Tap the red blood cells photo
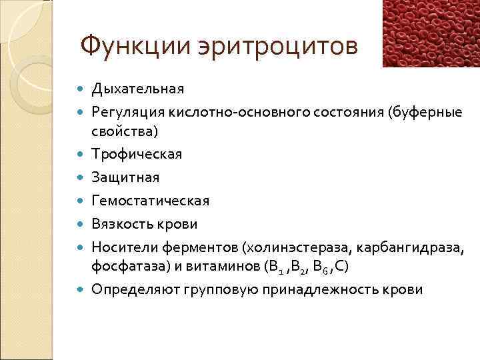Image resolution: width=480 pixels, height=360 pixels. tap(431, 33)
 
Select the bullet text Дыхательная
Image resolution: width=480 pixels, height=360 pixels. tap(138, 88)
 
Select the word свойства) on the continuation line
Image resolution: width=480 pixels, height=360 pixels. tap(125, 131)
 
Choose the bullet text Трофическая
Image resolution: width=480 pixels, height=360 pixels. tap(137, 154)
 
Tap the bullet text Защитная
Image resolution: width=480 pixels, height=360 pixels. tap(126, 178)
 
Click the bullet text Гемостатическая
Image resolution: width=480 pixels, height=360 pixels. tap(151, 201)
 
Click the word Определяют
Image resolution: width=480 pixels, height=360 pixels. tap(129, 290)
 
